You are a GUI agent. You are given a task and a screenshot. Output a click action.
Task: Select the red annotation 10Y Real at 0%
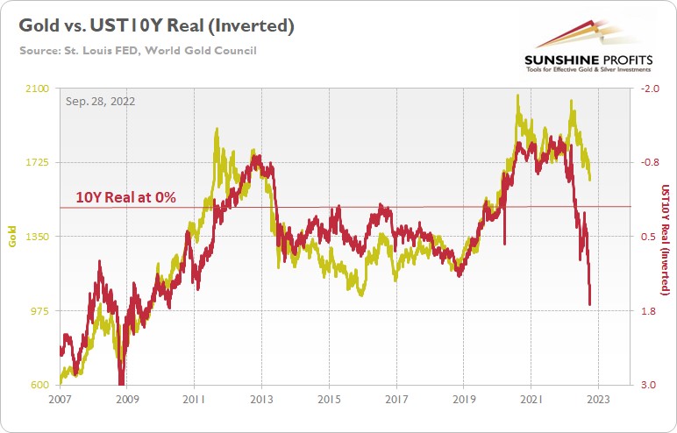[x=125, y=198]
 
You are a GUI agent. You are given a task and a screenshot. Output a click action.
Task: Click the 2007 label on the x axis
[x=59, y=399]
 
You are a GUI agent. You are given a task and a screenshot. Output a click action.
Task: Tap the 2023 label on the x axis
[x=597, y=399]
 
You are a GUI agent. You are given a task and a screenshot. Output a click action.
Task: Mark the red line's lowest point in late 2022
[x=590, y=305]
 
